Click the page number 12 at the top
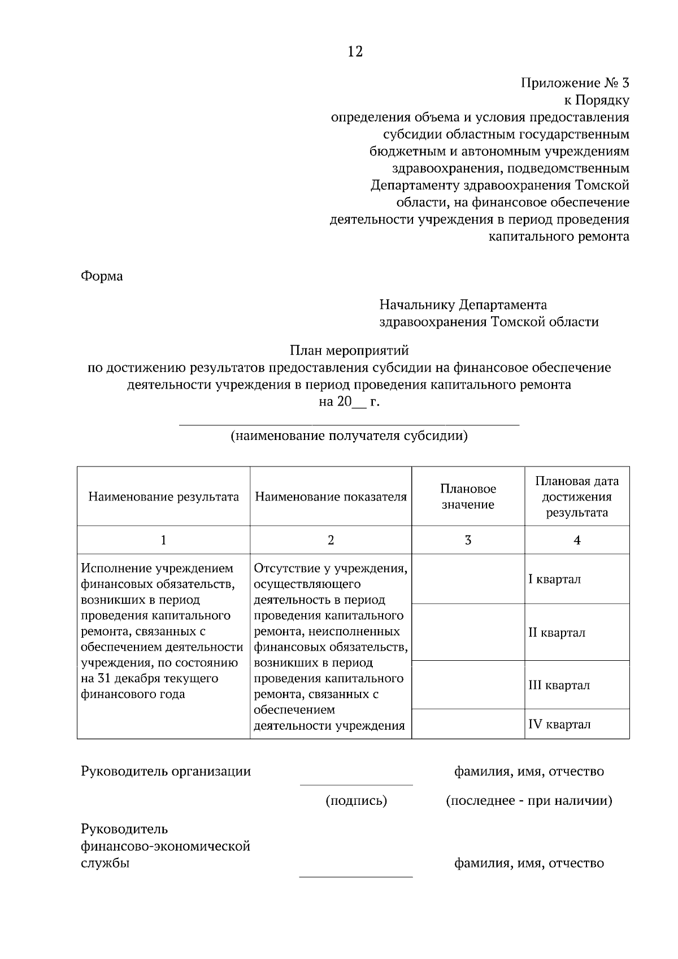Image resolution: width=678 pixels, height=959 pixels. click(355, 52)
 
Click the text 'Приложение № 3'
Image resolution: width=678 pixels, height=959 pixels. click(575, 84)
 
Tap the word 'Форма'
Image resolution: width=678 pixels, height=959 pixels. click(102, 277)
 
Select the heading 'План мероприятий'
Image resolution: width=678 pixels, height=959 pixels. click(349, 351)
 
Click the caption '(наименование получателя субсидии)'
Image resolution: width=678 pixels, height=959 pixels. click(349, 437)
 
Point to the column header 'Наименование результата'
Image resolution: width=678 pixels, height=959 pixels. click(163, 497)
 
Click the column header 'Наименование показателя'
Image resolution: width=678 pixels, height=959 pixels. click(331, 497)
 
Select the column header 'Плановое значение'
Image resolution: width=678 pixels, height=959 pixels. click(468, 497)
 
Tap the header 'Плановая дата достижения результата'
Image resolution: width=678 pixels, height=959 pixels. click(577, 497)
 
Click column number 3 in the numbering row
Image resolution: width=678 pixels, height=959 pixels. click(468, 540)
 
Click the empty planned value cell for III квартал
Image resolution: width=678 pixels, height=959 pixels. click(468, 685)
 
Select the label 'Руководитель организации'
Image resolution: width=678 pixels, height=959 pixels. click(166, 771)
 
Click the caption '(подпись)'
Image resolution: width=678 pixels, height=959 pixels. click(356, 801)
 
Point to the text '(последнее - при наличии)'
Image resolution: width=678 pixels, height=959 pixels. click(529, 801)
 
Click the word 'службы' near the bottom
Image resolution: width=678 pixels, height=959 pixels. click(105, 864)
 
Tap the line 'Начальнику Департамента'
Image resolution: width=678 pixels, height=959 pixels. click(463, 306)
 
